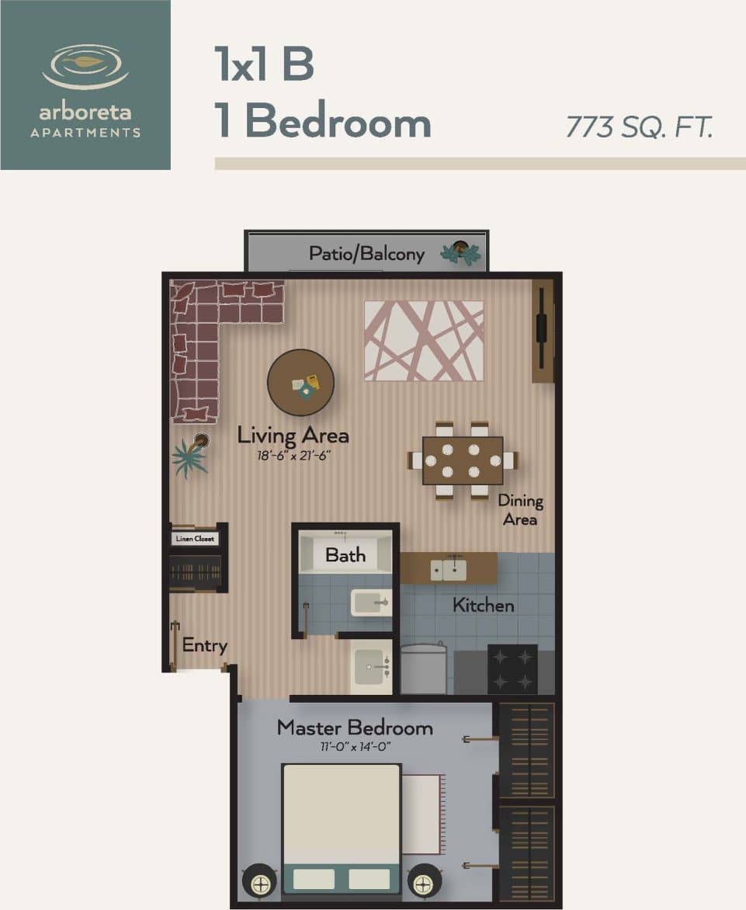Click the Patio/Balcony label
tap(366, 254)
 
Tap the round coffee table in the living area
tap(301, 382)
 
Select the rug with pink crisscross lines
tap(424, 341)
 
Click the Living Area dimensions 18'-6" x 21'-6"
tap(293, 456)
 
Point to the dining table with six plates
tap(463, 460)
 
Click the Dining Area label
tap(520, 510)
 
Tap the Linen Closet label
tap(196, 539)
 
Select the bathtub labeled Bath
tap(346, 554)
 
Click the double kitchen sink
tap(449, 570)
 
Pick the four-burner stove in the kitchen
tap(512, 669)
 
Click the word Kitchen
tap(484, 605)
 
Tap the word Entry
tap(204, 645)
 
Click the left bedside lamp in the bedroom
tap(259, 880)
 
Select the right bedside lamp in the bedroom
tap(425, 880)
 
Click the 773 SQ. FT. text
tap(639, 126)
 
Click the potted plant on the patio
tap(461, 252)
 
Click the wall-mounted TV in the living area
tap(542, 331)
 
